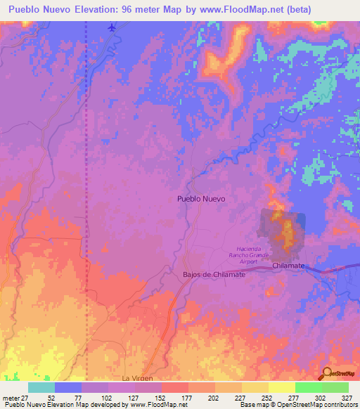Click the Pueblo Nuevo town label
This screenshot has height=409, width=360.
[200, 199]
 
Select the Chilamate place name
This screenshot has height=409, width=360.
[288, 266]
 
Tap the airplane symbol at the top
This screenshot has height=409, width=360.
[112, 27]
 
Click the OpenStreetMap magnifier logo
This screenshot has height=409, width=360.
[328, 372]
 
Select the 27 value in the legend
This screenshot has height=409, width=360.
[25, 397]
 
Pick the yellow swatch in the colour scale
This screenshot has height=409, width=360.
[281, 387]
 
